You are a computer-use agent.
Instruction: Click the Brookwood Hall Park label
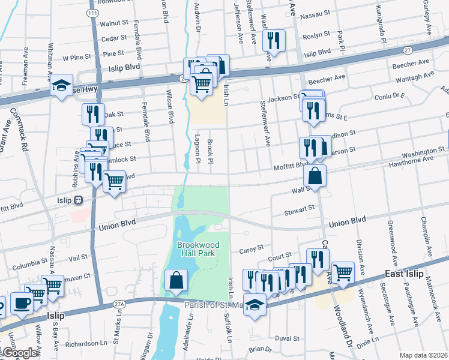click(x=198, y=249)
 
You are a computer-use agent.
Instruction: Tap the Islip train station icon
click(x=78, y=200)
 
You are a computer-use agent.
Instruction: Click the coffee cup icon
click(x=22, y=304)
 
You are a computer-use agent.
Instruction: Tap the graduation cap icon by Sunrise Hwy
click(x=61, y=86)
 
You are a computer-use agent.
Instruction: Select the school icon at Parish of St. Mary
click(x=255, y=305)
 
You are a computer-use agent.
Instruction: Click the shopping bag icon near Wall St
click(x=315, y=176)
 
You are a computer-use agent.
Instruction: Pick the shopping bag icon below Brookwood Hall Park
click(x=175, y=281)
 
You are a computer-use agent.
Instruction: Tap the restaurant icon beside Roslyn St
click(x=274, y=41)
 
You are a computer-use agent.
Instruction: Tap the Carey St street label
click(x=252, y=247)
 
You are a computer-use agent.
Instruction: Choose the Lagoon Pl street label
click(x=197, y=149)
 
